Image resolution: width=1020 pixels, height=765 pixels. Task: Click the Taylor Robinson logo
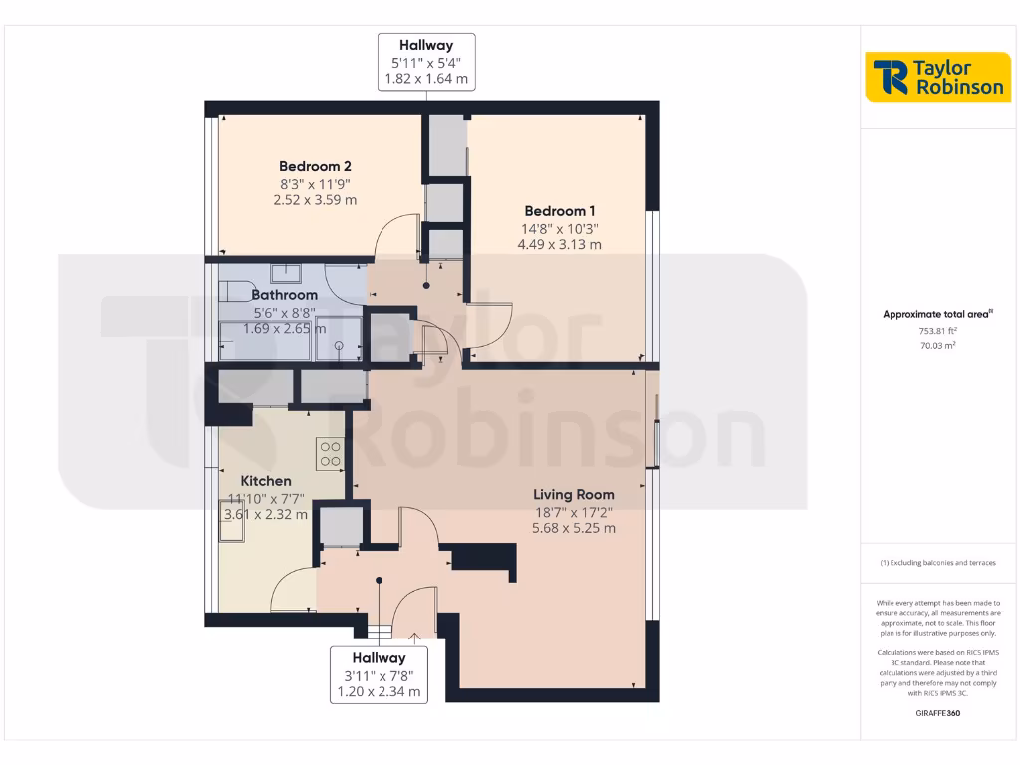tap(937, 77)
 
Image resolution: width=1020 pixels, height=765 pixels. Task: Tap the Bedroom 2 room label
tap(315, 166)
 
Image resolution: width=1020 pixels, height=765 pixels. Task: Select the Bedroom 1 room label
tap(560, 211)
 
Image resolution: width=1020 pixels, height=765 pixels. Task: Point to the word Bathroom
tap(285, 295)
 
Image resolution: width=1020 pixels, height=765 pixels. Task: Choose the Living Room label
tap(573, 494)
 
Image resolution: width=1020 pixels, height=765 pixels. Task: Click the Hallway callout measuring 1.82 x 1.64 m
tap(426, 62)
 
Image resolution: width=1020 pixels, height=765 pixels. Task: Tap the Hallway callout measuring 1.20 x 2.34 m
tap(379, 674)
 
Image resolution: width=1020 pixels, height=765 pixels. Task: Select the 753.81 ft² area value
tap(937, 330)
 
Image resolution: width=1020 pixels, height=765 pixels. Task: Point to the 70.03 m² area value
tap(937, 345)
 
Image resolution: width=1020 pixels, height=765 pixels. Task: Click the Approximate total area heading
tap(937, 314)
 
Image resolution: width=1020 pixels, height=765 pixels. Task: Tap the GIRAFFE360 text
tap(937, 713)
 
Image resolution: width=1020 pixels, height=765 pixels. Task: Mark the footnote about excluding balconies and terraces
tap(937, 563)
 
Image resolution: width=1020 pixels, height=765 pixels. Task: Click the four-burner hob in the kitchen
tap(330, 453)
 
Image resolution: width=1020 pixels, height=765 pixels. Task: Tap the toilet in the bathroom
tap(235, 290)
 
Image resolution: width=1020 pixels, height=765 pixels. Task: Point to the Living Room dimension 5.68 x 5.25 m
tap(573, 528)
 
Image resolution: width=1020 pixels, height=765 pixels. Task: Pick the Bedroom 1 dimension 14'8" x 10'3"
tap(560, 227)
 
